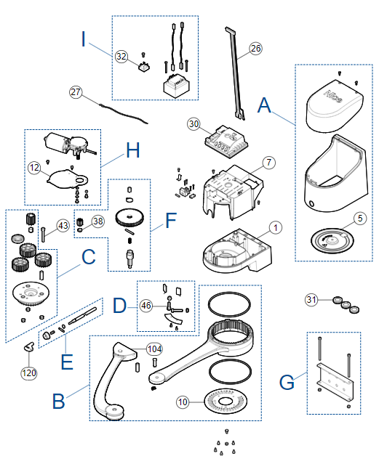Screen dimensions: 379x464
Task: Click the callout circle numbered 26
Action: [255, 48]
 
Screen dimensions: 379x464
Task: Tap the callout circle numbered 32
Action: [121, 56]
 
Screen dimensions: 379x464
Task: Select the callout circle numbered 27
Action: [76, 92]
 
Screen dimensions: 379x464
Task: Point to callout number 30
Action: [194, 123]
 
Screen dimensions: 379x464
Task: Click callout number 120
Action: [29, 373]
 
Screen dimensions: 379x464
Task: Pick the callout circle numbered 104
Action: [154, 349]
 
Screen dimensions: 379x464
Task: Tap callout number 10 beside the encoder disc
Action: [183, 402]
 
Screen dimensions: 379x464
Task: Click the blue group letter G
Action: [287, 382]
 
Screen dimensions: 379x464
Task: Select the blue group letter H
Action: [133, 150]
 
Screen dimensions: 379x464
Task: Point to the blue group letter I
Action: [84, 39]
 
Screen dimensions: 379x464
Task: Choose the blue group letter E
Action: [67, 362]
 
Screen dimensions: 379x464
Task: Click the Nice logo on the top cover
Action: [333, 96]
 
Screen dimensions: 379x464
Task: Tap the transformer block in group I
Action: [177, 86]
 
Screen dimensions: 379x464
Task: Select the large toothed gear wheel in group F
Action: [129, 218]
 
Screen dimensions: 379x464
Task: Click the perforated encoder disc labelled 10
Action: [226, 402]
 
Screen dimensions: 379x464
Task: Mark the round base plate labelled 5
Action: [332, 240]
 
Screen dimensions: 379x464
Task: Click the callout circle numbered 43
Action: [63, 226]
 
